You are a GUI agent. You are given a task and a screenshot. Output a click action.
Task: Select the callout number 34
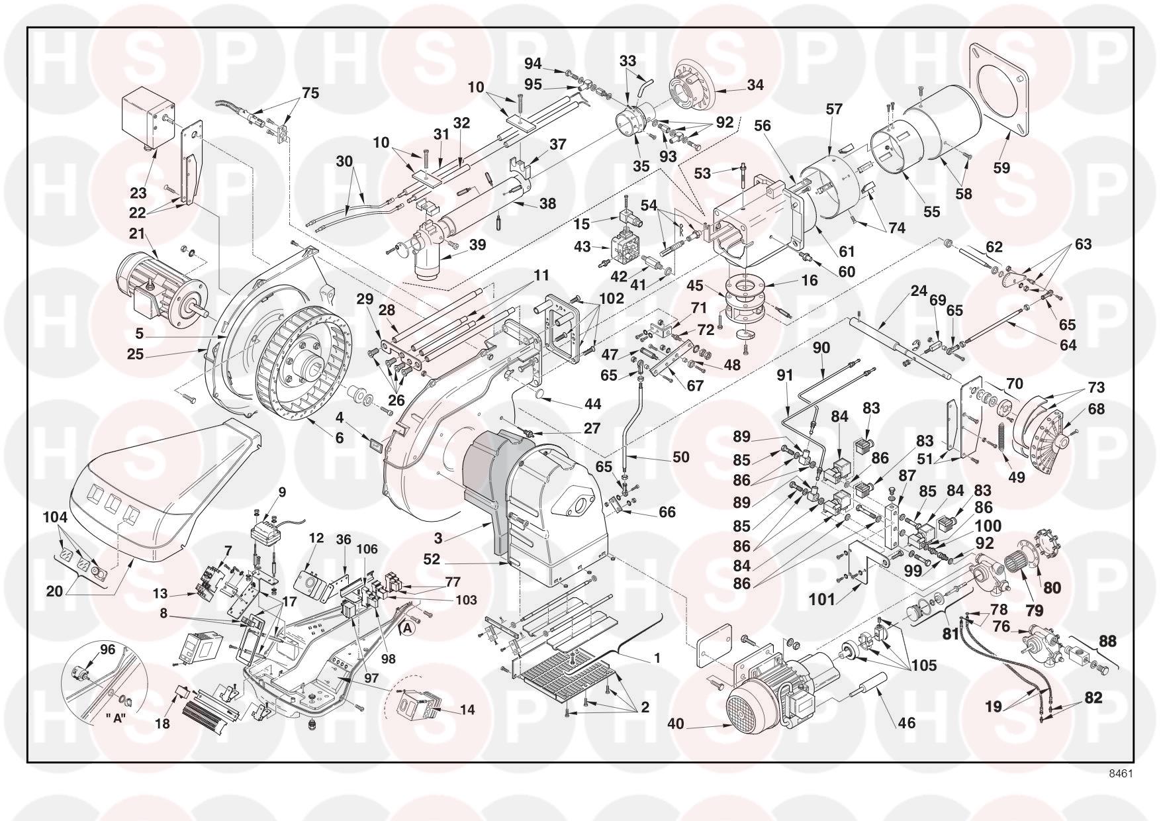[755, 85]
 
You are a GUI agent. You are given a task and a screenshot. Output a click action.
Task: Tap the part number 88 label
[1107, 641]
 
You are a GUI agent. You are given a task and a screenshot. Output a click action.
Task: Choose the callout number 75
[310, 93]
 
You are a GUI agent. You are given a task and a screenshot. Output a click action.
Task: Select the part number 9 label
[282, 492]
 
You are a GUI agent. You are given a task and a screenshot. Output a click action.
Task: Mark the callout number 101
[822, 601]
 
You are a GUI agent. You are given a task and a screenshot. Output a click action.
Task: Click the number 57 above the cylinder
[834, 108]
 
